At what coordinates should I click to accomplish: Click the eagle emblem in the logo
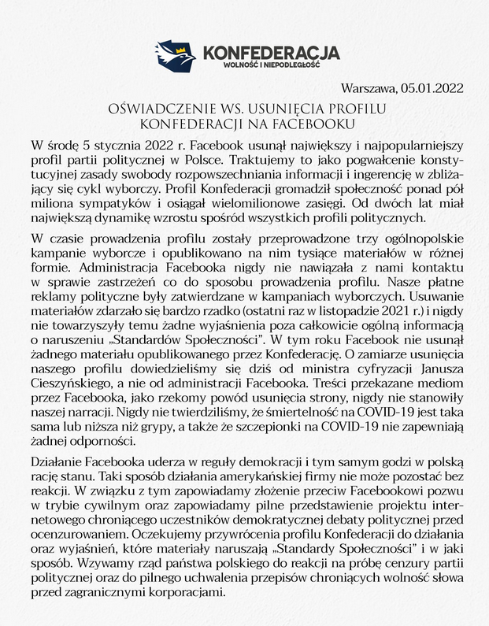point(176,55)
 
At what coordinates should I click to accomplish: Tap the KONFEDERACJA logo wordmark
point(271,53)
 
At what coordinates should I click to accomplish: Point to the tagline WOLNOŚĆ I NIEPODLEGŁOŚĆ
point(271,64)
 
